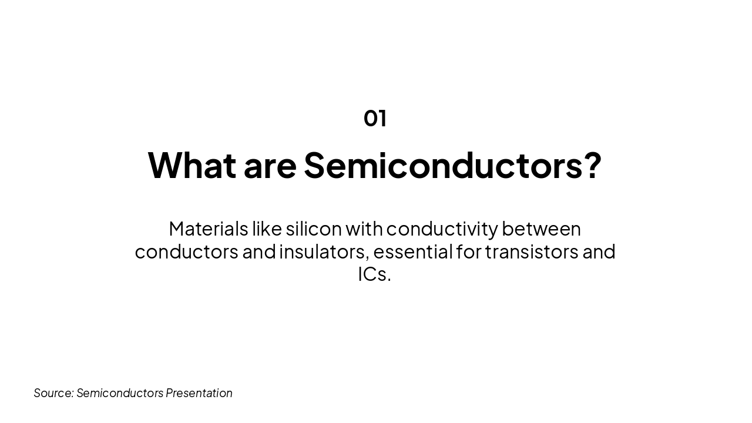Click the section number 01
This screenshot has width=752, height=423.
(375, 118)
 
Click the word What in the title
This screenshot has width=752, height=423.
(192, 165)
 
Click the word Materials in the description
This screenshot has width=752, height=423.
(207, 229)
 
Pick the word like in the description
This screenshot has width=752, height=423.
(267, 229)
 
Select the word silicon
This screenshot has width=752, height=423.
(314, 229)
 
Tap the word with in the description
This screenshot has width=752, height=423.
(364, 229)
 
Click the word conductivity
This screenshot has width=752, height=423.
(442, 229)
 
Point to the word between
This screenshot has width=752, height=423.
(541, 229)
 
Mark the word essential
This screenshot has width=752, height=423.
(412, 251)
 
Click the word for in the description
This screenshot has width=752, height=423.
(468, 251)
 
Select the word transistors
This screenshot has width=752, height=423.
(532, 251)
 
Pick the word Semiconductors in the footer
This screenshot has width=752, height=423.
(120, 393)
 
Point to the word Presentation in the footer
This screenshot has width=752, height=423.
(199, 393)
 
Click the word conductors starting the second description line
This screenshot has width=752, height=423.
(186, 251)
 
